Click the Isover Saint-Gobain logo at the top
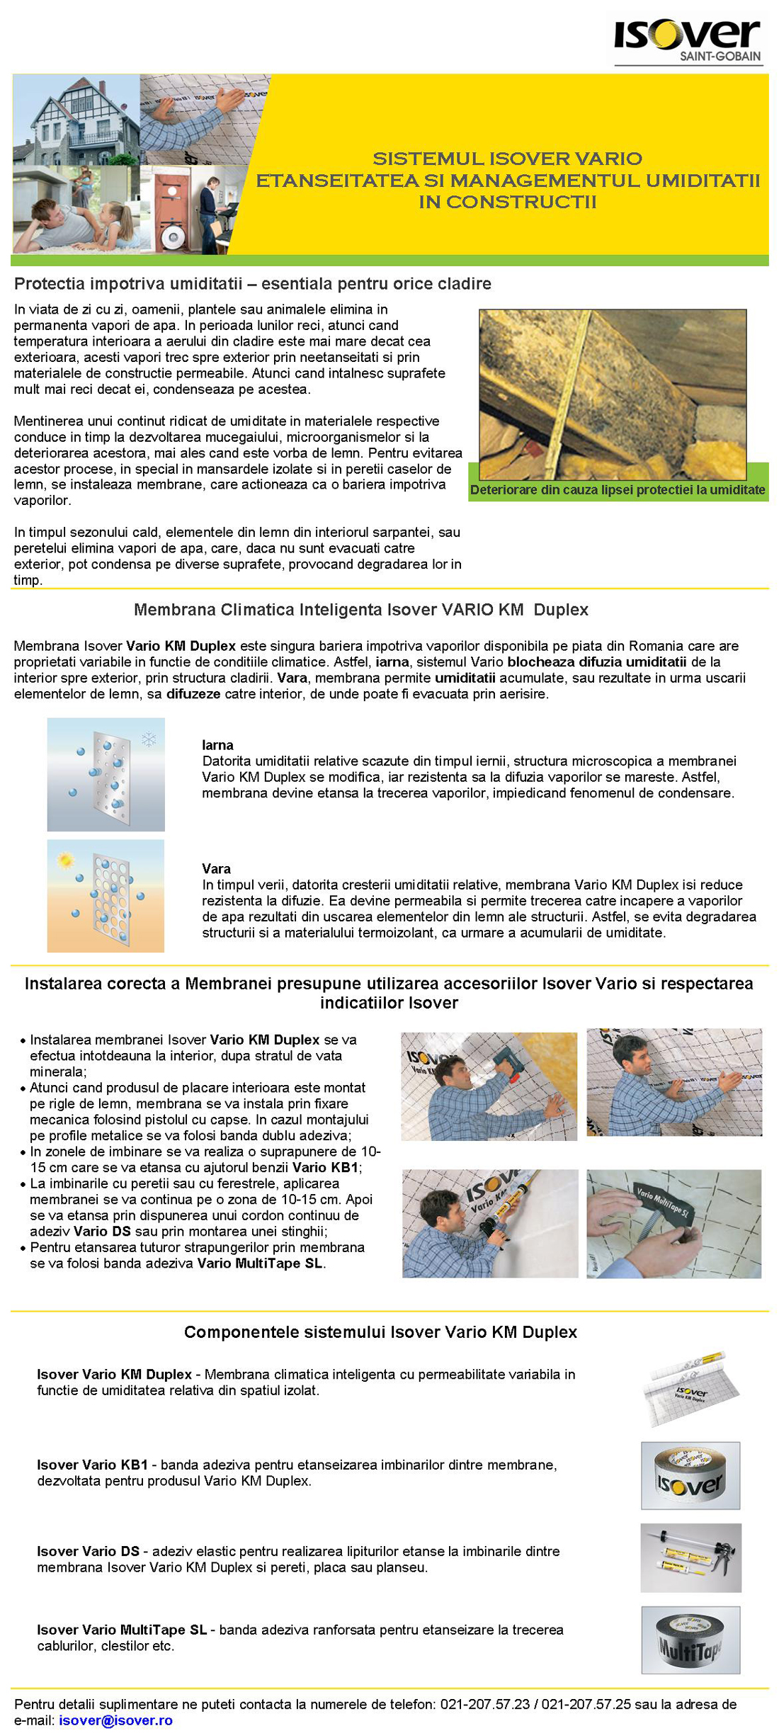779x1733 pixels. click(x=688, y=41)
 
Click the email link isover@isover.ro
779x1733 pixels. click(x=115, y=1720)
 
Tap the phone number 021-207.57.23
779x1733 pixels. click(x=484, y=1704)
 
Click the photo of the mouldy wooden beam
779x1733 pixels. click(x=613, y=394)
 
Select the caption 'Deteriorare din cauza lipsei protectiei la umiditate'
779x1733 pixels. click(x=618, y=489)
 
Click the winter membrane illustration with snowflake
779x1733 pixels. click(x=106, y=774)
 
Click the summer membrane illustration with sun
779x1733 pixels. click(x=106, y=895)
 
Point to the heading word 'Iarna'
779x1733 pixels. click(x=217, y=745)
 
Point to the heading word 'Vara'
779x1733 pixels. click(x=216, y=868)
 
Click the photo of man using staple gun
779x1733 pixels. click(x=489, y=1086)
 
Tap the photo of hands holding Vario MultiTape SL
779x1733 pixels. click(x=673, y=1224)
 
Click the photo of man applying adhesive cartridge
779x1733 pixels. click(x=489, y=1224)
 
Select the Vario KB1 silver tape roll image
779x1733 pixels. click(x=690, y=1475)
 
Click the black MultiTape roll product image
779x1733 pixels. click(x=690, y=1640)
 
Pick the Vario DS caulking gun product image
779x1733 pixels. click(x=690, y=1557)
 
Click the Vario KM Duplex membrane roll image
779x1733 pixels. click(x=690, y=1388)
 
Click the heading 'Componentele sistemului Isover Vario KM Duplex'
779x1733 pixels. click(x=380, y=1332)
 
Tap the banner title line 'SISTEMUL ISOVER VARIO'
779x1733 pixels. click(x=507, y=159)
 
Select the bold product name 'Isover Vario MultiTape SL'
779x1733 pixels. click(x=122, y=1630)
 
